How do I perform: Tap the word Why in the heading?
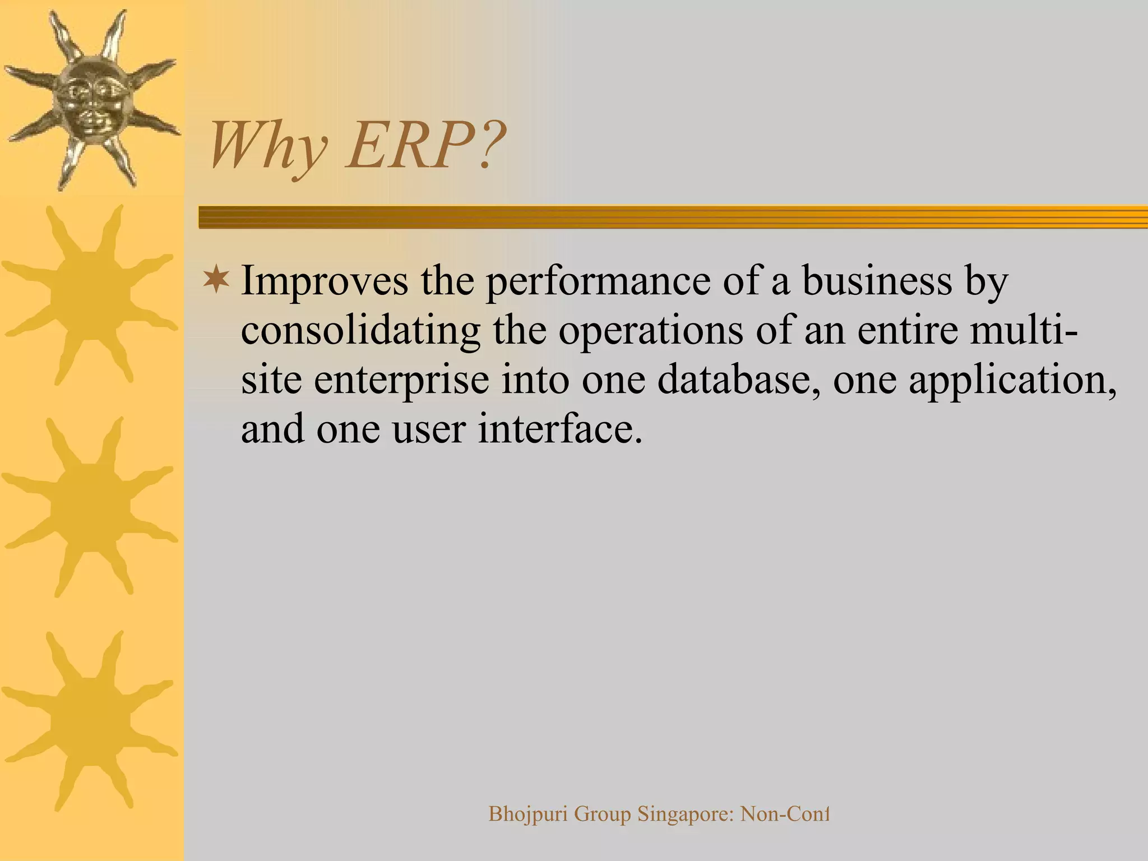click(268, 147)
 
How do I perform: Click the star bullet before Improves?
click(216, 280)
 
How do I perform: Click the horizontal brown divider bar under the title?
click(673, 217)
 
